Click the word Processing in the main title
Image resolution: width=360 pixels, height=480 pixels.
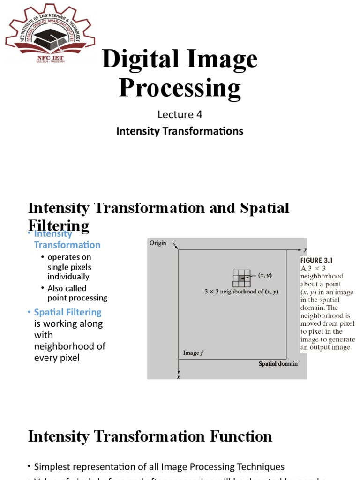[x=180, y=88]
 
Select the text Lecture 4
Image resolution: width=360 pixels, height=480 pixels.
[x=180, y=114]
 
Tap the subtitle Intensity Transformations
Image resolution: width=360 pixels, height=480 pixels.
[x=180, y=131]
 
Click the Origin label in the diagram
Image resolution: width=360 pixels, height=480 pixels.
[x=157, y=243]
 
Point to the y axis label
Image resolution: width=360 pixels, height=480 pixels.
[x=305, y=249]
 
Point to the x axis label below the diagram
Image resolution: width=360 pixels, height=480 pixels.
[x=178, y=376]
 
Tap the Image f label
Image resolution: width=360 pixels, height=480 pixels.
[x=192, y=352]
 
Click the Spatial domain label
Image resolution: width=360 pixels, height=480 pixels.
[x=278, y=364]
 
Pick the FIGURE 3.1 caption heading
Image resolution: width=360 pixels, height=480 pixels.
[x=317, y=260]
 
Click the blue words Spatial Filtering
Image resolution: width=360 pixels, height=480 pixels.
[x=67, y=312]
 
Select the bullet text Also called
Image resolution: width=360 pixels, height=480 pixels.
[x=67, y=288]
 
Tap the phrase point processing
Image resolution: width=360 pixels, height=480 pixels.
[x=77, y=298]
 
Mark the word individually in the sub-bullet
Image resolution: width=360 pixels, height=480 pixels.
[x=68, y=277]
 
